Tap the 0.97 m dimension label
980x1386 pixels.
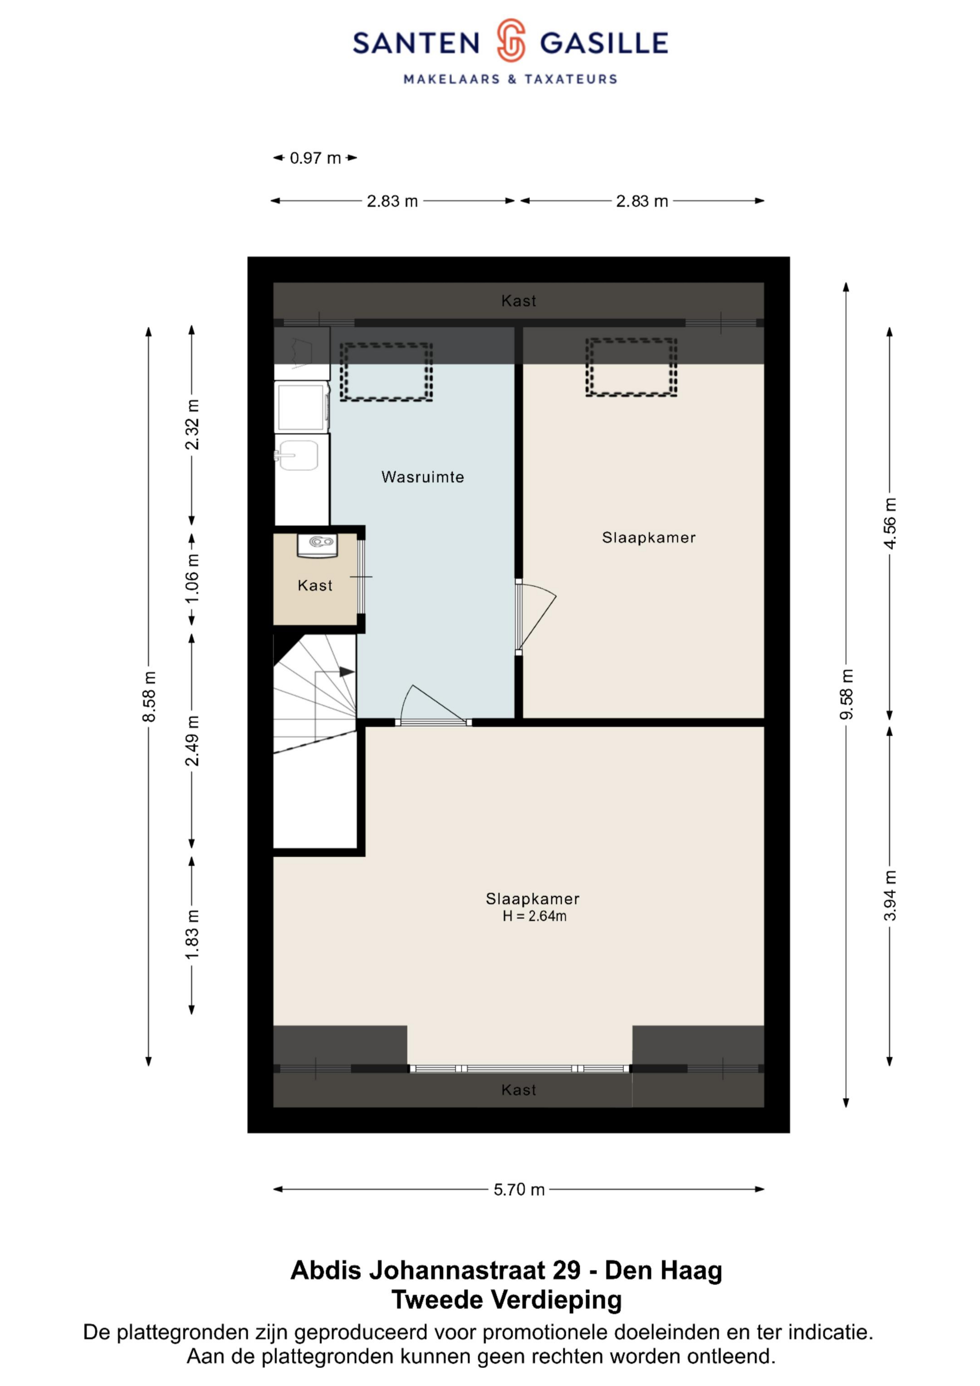point(315,158)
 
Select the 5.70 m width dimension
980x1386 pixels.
point(519,1189)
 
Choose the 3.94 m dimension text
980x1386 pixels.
point(889,895)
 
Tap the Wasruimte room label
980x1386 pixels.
point(423,477)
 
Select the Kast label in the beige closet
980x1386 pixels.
point(315,585)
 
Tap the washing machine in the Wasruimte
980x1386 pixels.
point(302,406)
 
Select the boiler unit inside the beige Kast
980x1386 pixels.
point(318,545)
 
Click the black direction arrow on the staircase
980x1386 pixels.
point(347,671)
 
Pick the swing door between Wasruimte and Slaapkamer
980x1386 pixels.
point(536,616)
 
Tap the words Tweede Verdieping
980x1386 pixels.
point(507,1300)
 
